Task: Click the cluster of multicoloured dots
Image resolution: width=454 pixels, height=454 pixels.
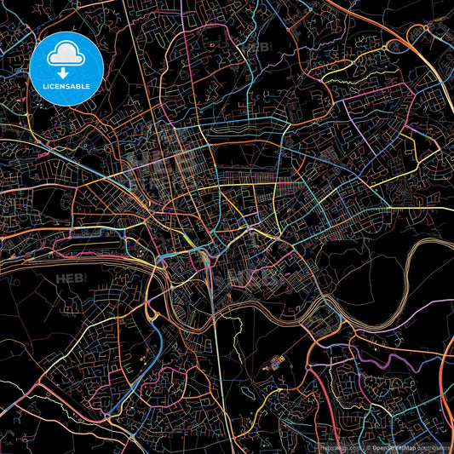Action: coord(275,364)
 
